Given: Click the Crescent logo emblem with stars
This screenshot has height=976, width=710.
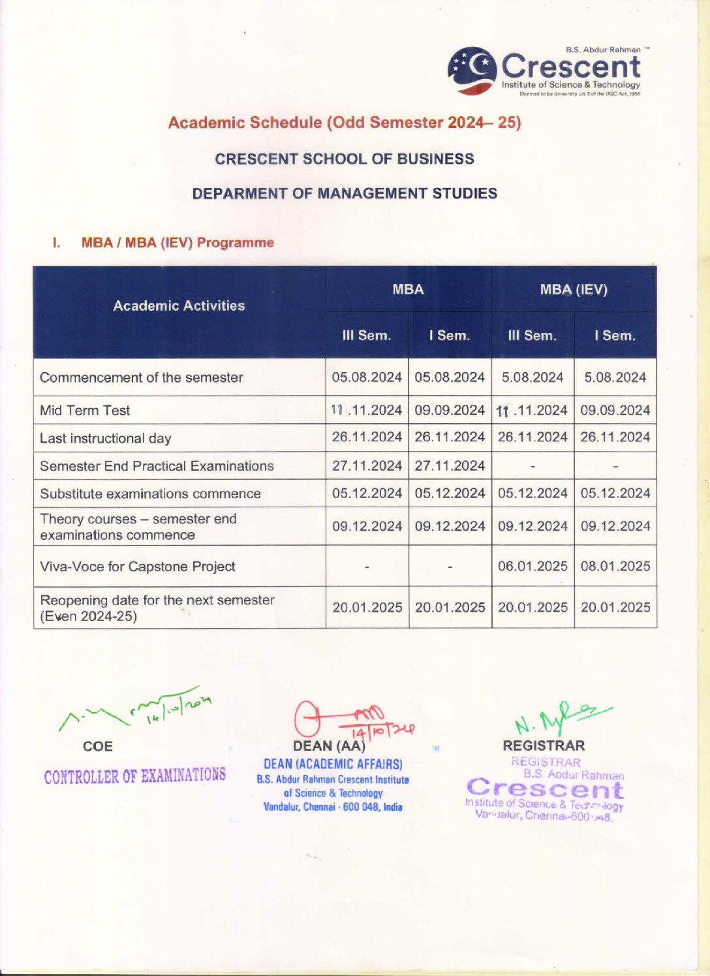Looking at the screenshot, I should tap(472, 71).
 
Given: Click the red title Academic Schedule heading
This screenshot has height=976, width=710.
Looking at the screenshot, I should tap(344, 123).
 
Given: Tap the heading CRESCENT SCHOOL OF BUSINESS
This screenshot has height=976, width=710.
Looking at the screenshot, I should tap(344, 159).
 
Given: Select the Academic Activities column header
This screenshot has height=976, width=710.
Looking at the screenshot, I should tap(179, 306).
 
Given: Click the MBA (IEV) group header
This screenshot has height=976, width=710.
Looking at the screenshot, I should tap(573, 290).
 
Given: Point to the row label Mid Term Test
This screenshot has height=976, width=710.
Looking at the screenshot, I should tap(85, 411).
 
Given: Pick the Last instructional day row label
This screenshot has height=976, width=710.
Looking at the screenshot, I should tap(105, 439).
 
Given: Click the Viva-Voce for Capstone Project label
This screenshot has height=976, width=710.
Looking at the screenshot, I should tap(137, 567).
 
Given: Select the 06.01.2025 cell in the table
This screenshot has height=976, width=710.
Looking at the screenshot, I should tap(532, 567).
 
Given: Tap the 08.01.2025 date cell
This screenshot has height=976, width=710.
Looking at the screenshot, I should tap(615, 567).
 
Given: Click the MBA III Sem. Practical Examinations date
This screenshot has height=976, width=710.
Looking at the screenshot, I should tap(367, 466).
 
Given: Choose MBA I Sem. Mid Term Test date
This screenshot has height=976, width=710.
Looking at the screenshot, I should tap(450, 411).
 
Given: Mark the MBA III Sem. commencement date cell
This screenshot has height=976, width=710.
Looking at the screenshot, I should tap(367, 377).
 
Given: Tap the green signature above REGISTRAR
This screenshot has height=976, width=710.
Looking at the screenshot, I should tap(558, 717).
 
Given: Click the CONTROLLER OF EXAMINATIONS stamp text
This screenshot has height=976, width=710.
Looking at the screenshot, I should tap(135, 776).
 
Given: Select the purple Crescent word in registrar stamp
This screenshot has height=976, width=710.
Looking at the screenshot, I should tap(546, 789).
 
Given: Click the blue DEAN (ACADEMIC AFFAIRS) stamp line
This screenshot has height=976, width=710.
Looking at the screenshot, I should tap(333, 764).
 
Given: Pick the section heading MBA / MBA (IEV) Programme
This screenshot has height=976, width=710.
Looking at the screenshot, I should tap(177, 243).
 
